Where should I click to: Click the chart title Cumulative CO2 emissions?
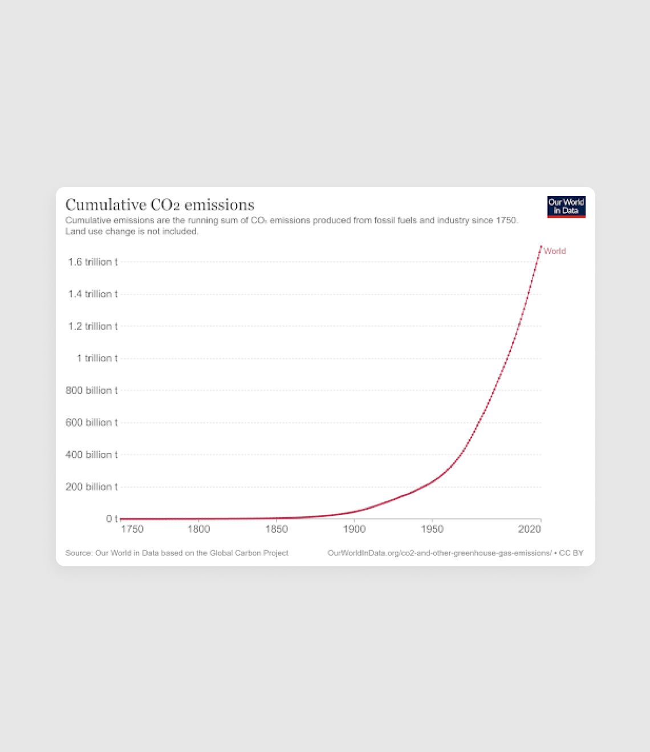[160, 205]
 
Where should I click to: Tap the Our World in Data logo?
[566, 207]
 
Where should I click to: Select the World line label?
[554, 251]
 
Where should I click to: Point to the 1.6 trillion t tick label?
[93, 262]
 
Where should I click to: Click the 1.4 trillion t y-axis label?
[93, 294]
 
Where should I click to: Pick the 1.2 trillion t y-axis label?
[93, 326]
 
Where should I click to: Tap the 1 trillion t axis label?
[97, 358]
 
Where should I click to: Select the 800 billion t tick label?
[92, 390]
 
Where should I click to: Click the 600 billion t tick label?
[92, 423]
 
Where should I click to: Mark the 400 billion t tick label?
[92, 455]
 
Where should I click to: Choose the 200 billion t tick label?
[92, 487]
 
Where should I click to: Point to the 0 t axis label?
[112, 519]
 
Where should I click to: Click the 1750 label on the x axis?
[132, 529]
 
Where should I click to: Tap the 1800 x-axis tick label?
[198, 529]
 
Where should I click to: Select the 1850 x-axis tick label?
[277, 529]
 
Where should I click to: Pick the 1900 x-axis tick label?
[354, 529]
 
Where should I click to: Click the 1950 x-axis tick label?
[432, 529]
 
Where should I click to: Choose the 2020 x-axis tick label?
[529, 529]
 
